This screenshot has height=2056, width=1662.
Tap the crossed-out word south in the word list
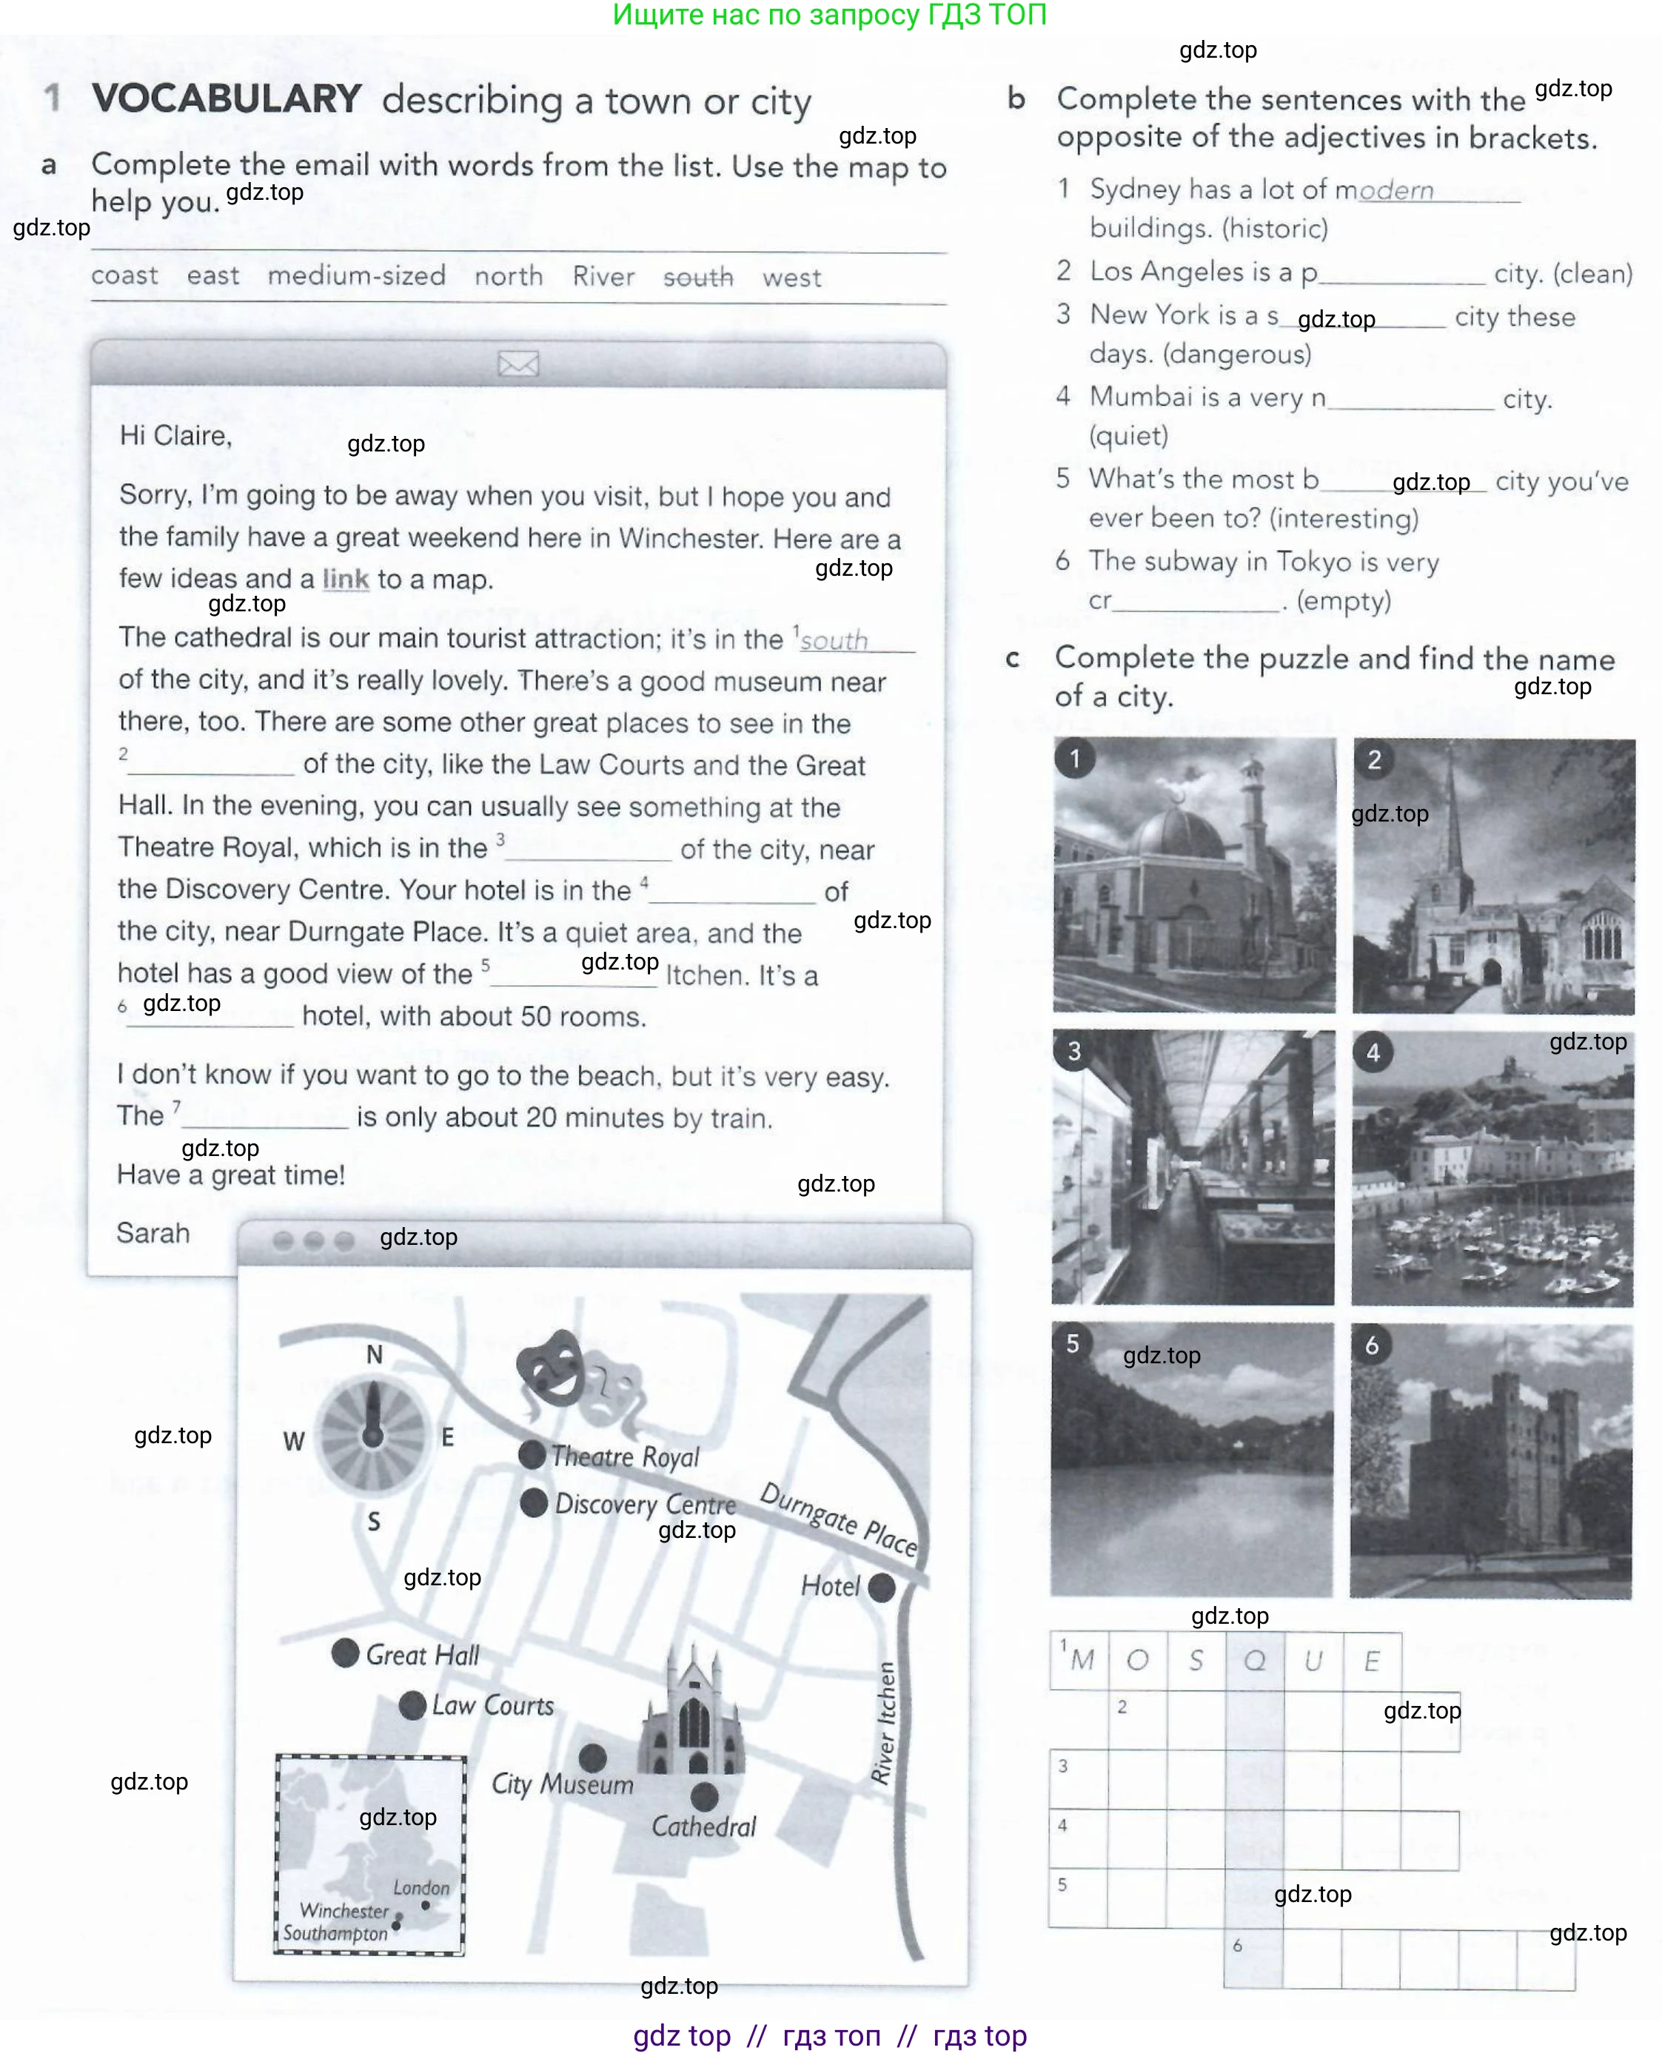pyautogui.click(x=698, y=277)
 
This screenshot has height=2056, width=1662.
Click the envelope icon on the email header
pyautogui.click(x=518, y=363)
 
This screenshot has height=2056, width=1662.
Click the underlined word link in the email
pyautogui.click(x=346, y=579)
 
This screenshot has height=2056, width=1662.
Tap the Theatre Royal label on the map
pyautogui.click(x=624, y=1456)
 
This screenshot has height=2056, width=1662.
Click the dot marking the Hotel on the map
pyautogui.click(x=881, y=1588)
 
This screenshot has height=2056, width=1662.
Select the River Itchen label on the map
pyautogui.click(x=885, y=1723)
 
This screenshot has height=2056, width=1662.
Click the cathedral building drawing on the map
pyautogui.click(x=691, y=1713)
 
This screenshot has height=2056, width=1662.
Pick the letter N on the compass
pyautogui.click(x=375, y=1354)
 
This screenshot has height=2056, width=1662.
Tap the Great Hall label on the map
pyautogui.click(x=421, y=1655)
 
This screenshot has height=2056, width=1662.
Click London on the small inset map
pyautogui.click(x=421, y=1887)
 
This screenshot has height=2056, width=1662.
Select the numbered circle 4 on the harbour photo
pyautogui.click(x=1373, y=1053)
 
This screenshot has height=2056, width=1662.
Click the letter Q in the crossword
pyautogui.click(x=1254, y=1661)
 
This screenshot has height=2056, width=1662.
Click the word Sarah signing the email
pyautogui.click(x=153, y=1233)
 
